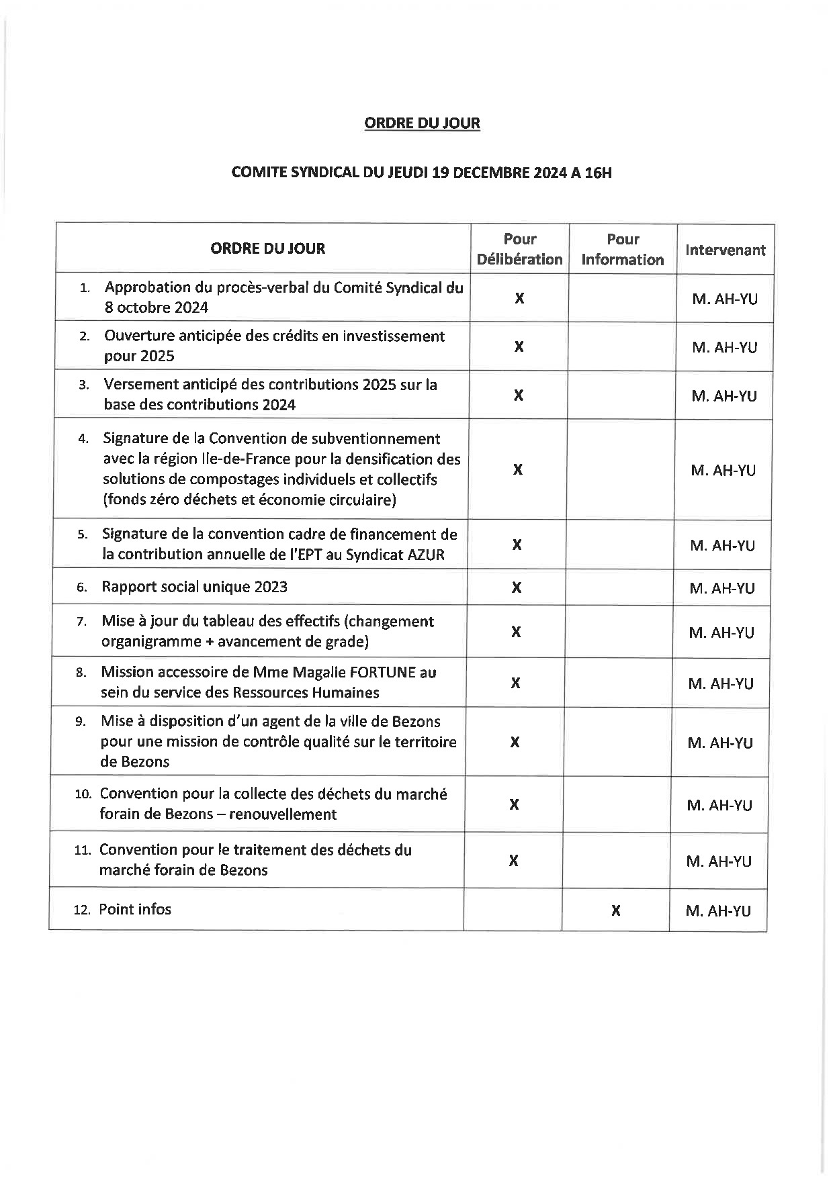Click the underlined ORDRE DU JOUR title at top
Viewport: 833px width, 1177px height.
tap(422, 123)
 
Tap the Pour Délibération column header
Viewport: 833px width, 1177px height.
tap(519, 249)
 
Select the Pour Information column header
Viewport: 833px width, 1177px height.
tap(622, 249)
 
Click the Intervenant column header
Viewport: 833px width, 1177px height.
tap(725, 250)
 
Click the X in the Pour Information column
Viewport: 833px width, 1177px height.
tap(615, 911)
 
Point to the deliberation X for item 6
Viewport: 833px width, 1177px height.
tap(516, 588)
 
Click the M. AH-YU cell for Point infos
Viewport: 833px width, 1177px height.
tap(718, 911)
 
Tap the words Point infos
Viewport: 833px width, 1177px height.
tap(135, 909)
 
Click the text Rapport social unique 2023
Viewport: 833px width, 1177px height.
tap(194, 587)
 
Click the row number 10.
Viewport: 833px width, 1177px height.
tap(83, 794)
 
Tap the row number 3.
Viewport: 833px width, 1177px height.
tap(83, 385)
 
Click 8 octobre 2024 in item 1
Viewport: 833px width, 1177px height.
tap(157, 308)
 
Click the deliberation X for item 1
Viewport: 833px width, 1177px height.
tap(519, 299)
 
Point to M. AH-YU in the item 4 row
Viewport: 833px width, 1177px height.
tap(723, 471)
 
